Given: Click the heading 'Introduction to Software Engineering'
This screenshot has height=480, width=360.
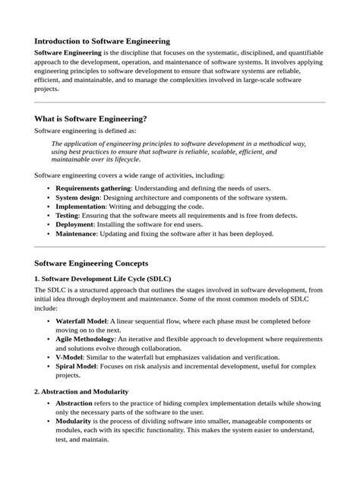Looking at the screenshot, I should click(x=103, y=40).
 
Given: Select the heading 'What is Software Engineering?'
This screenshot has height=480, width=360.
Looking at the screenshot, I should click(x=90, y=118).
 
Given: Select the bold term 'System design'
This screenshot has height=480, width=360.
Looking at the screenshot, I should click(x=77, y=197).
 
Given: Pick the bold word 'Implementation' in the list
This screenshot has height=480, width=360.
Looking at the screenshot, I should click(x=81, y=206).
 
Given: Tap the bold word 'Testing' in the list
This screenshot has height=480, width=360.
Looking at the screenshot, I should click(x=68, y=216).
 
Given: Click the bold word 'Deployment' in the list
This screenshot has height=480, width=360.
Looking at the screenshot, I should click(x=75, y=225).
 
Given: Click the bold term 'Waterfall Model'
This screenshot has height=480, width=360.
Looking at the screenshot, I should click(x=82, y=321).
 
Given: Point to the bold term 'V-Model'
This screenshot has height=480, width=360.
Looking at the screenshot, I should click(x=71, y=357).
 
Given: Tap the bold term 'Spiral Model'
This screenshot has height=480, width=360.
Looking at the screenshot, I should click(x=77, y=366).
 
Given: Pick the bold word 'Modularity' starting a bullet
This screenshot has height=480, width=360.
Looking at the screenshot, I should click(x=74, y=422).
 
